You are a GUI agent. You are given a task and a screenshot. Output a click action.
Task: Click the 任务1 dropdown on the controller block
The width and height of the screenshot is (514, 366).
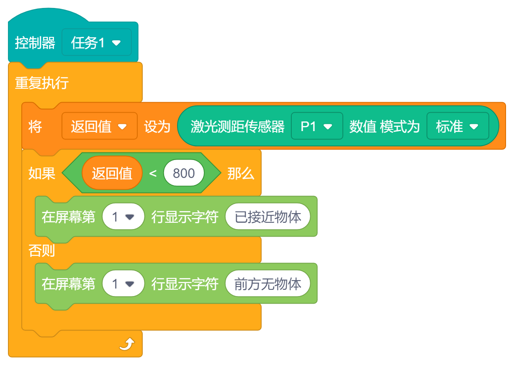click(96, 43)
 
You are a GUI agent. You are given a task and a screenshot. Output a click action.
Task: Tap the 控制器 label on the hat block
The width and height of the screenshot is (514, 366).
click(35, 43)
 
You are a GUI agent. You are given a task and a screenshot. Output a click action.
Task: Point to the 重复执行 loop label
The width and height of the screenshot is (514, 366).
click(42, 83)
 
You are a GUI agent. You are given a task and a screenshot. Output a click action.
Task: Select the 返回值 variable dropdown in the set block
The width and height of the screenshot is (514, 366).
click(99, 126)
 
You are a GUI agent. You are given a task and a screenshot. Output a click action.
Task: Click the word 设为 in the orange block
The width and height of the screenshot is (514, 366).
click(157, 126)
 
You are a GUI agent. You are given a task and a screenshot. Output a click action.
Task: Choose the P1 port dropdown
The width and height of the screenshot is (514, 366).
click(316, 126)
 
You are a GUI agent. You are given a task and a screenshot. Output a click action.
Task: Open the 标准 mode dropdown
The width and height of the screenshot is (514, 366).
click(457, 126)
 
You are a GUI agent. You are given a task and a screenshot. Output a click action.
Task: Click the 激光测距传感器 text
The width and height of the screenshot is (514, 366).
click(237, 126)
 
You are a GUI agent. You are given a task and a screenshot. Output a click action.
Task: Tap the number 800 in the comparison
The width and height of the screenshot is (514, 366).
click(184, 173)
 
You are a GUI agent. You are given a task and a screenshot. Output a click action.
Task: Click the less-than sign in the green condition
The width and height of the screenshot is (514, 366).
click(153, 173)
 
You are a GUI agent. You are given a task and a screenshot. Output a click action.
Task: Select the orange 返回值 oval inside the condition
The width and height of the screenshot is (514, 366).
click(112, 173)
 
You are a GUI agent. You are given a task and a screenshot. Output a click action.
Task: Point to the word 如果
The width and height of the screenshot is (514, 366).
click(42, 173)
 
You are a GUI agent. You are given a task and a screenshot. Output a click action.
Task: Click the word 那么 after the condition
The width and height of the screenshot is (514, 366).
click(241, 173)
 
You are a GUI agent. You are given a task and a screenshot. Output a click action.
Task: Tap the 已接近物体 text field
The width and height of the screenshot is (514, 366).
click(268, 217)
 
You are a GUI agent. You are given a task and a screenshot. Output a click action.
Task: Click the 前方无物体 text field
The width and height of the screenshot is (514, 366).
click(268, 284)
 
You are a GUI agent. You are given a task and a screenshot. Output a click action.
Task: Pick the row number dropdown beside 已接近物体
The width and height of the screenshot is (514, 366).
click(123, 217)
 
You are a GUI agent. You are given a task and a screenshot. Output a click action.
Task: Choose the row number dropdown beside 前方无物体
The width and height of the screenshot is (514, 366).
click(123, 284)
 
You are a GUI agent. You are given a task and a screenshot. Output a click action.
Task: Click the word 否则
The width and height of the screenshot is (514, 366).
click(42, 250)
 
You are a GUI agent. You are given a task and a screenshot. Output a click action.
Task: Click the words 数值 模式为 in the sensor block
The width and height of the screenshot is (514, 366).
click(384, 126)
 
